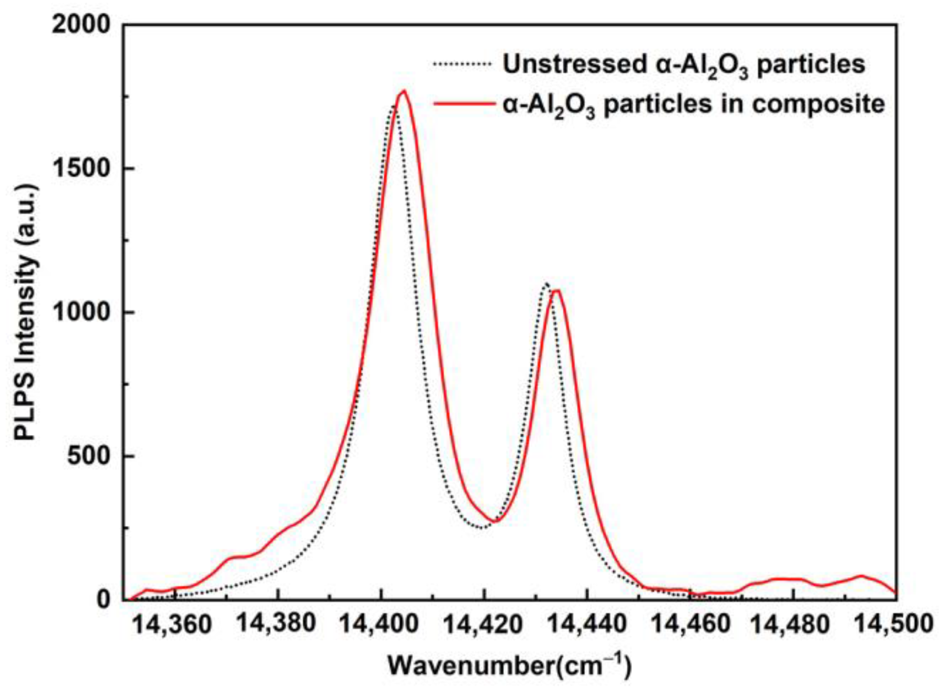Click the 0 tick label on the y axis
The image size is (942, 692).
tap(104, 599)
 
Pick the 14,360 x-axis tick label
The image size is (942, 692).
tap(171, 625)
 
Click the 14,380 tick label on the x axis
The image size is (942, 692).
tap(275, 624)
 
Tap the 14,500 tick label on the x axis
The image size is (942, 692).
tap(894, 624)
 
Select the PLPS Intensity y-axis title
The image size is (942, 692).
tap(26, 312)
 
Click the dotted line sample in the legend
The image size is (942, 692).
tap(462, 64)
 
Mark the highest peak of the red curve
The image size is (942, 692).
tap(404, 91)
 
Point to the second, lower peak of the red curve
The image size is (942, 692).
tap(557, 291)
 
